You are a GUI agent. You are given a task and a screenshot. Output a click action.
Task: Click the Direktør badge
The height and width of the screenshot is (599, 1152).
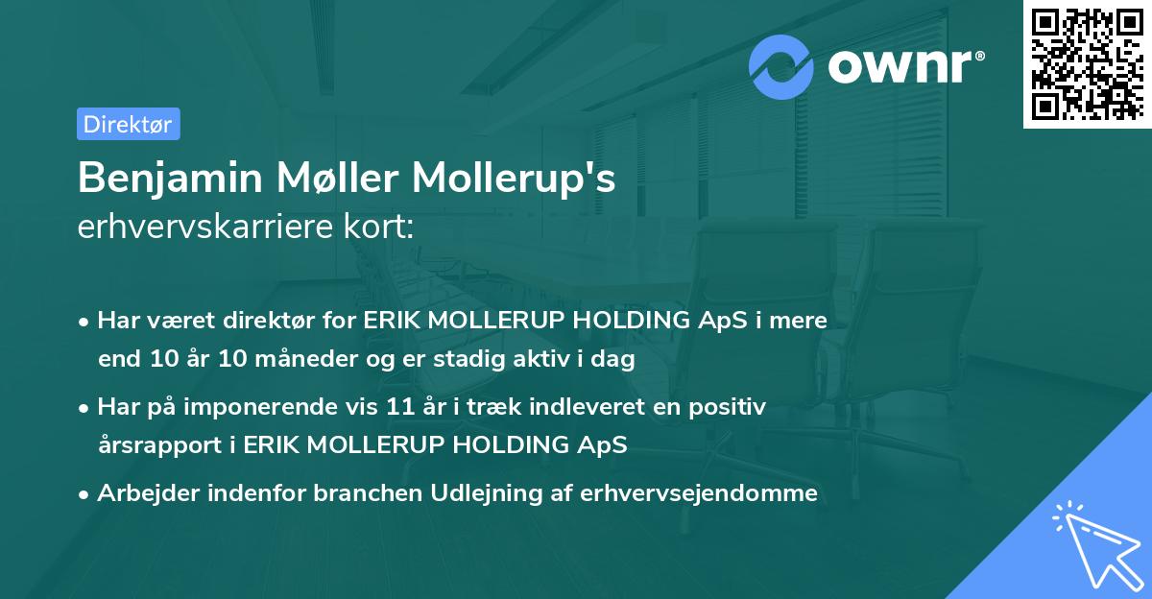tap(128, 124)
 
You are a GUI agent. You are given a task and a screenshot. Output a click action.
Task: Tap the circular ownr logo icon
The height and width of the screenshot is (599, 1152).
tap(781, 66)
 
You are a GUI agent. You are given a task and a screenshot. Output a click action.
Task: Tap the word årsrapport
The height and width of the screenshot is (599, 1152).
tap(154, 445)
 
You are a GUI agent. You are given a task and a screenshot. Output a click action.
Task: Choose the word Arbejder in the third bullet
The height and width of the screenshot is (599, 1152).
tap(139, 493)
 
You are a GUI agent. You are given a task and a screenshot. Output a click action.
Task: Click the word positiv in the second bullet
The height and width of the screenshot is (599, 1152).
tap(732, 407)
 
